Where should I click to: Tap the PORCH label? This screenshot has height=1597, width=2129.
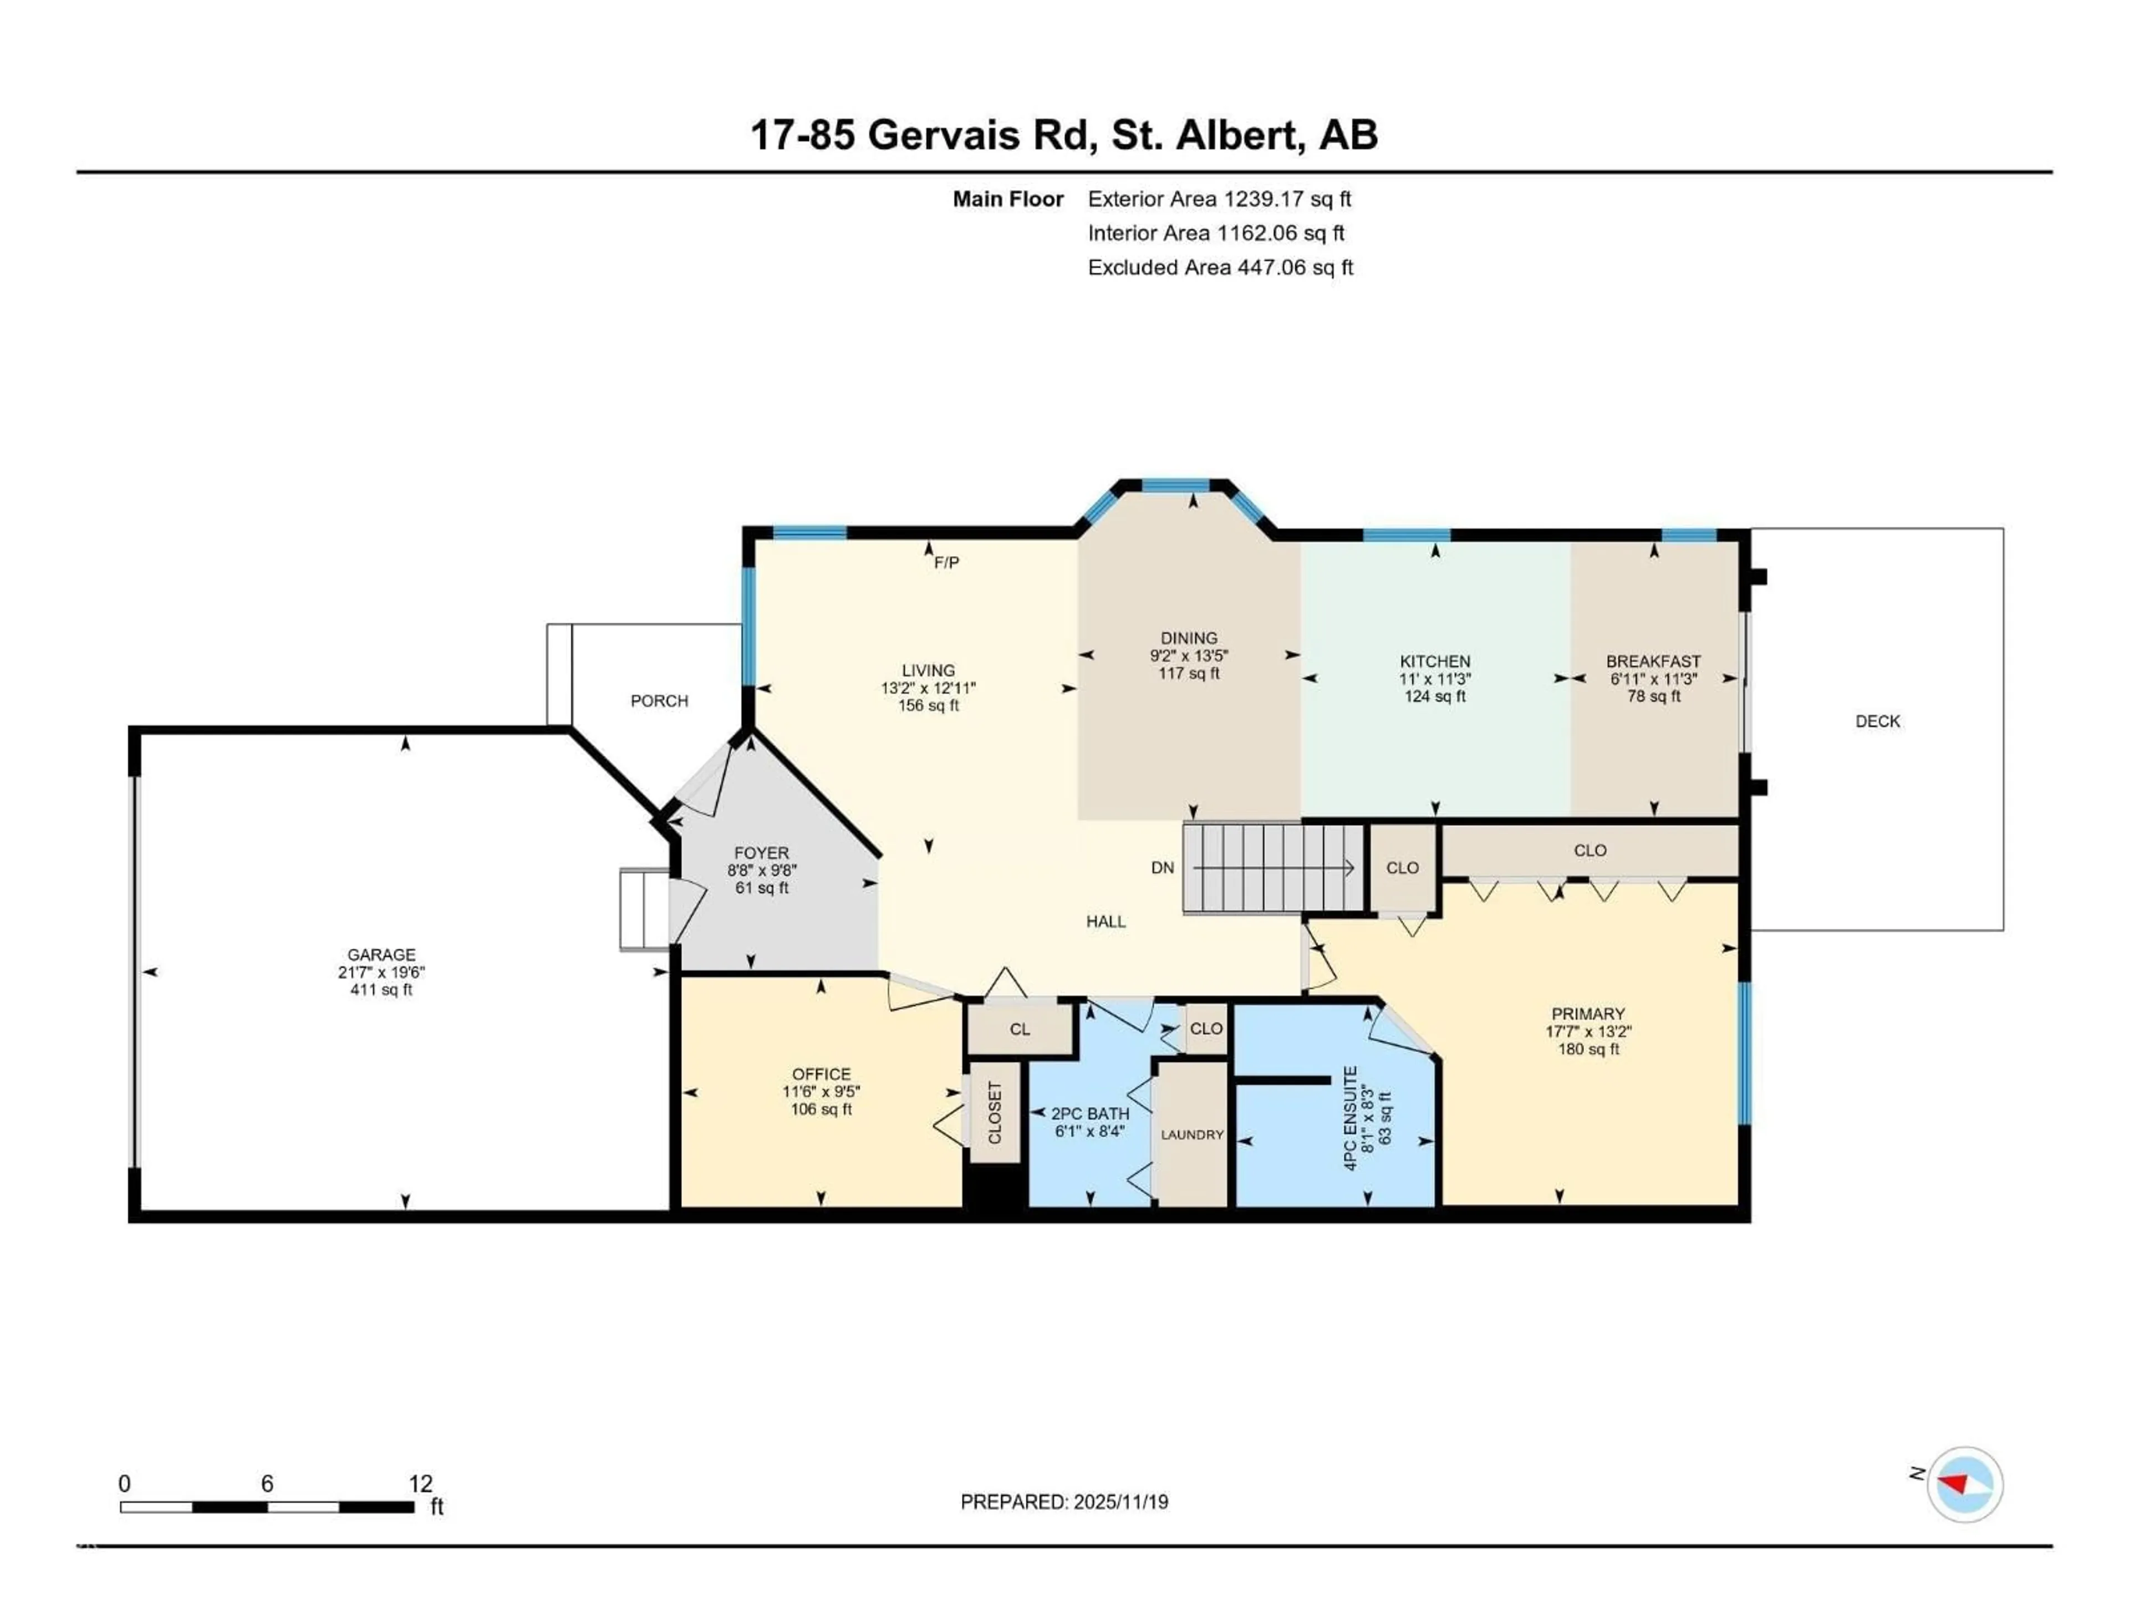(x=659, y=701)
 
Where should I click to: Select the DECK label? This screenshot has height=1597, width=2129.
(x=1877, y=721)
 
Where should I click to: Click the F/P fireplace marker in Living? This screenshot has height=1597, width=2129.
(x=946, y=562)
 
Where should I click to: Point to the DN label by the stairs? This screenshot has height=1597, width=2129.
(x=1162, y=867)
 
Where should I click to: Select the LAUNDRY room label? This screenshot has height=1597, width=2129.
(x=1191, y=1135)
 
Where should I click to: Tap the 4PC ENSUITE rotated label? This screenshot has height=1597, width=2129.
(x=1351, y=1117)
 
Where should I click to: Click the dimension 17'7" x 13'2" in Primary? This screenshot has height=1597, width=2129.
(x=1588, y=1031)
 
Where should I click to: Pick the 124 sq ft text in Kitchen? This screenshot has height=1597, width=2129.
(x=1434, y=696)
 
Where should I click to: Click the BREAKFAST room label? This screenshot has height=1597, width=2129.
(x=1653, y=662)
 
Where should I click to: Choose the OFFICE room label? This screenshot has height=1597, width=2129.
(x=821, y=1074)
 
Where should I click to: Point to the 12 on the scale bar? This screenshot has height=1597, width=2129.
(x=421, y=1483)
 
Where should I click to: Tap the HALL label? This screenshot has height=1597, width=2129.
(x=1106, y=921)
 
